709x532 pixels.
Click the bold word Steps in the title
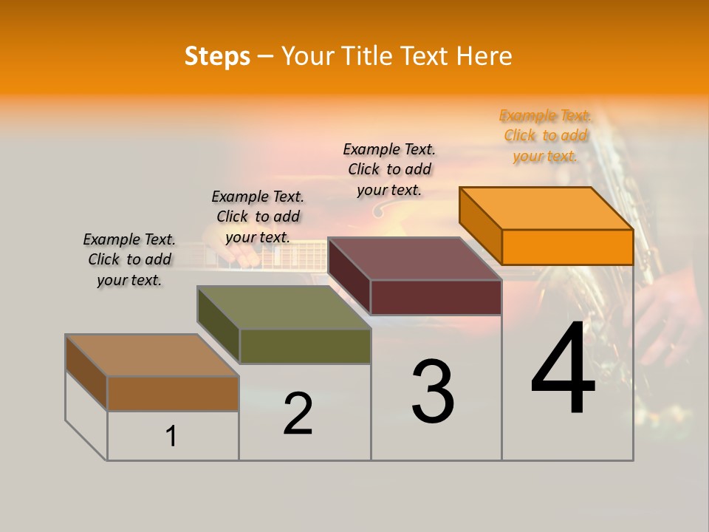tap(217, 56)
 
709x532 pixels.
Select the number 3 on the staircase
tap(433, 392)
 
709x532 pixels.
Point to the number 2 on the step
tap(298, 414)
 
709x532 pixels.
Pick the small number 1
tap(171, 436)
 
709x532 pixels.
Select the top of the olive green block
tap(284, 307)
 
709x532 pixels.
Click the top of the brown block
tap(152, 355)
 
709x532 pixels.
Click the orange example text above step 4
tap(545, 135)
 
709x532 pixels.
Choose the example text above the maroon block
tap(389, 169)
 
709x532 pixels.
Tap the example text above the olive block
tap(258, 216)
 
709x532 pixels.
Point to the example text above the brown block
tap(129, 259)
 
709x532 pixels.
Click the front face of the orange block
tap(567, 247)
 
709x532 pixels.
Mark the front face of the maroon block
tap(436, 297)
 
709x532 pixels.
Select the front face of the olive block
tap(304, 346)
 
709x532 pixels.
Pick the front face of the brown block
tap(173, 393)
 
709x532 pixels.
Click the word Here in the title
tap(484, 56)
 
